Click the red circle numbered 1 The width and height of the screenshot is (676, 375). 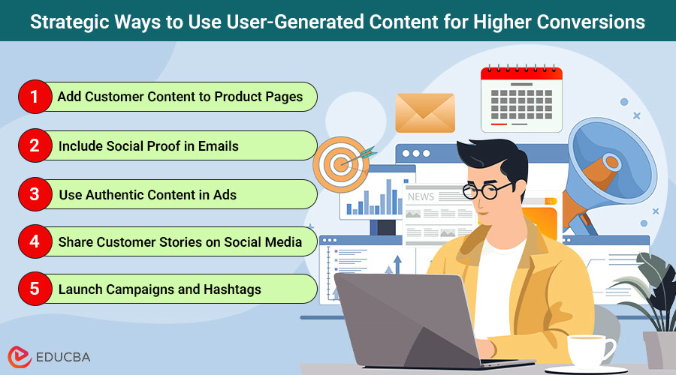click(33, 97)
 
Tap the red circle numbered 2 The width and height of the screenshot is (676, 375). click(33, 145)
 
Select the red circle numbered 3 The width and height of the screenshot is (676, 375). click(33, 194)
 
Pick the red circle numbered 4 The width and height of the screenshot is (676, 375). click(33, 241)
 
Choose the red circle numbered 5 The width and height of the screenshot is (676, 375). click(33, 289)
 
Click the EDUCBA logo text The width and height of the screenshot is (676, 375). click(61, 356)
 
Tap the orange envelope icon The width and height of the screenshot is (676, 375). click(425, 112)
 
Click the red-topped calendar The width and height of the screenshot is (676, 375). click(521, 97)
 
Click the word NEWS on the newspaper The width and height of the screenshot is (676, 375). click(421, 196)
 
